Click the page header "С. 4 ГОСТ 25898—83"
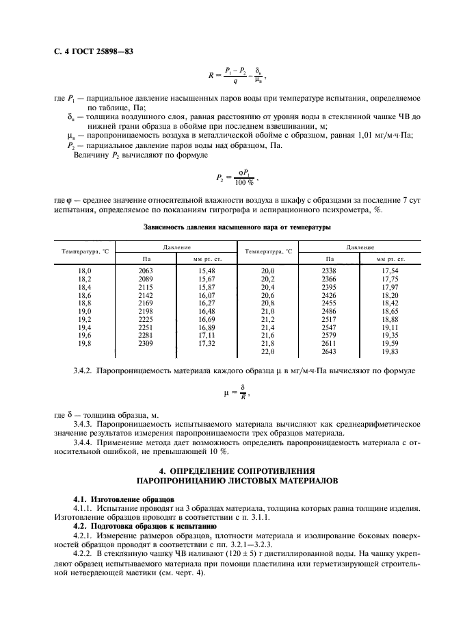click(x=90, y=50)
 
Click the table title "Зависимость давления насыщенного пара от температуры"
click(x=237, y=227)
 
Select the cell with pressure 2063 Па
click(x=146, y=271)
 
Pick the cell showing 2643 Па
click(x=329, y=351)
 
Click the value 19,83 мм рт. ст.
click(x=390, y=351)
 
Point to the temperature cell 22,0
click(x=267, y=351)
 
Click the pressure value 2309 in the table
click(x=146, y=343)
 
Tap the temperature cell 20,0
click(x=267, y=271)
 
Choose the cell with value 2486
click(x=329, y=311)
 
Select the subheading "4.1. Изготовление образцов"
click(x=115, y=500)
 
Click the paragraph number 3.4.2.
click(x=85, y=370)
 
